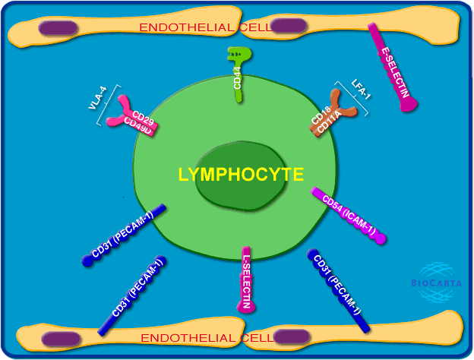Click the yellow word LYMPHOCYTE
(241, 175)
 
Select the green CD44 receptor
(239, 73)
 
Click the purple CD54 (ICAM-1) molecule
(349, 216)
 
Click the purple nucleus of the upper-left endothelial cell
(58, 28)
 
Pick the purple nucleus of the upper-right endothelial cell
(289, 26)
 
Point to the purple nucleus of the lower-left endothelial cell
(62, 338)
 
